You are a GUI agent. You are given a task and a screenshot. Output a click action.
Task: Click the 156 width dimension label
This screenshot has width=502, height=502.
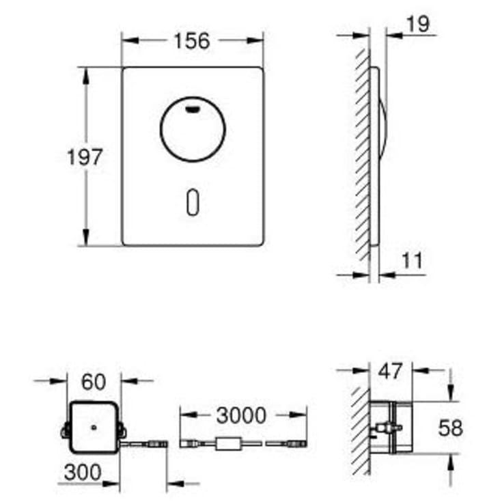point(192,41)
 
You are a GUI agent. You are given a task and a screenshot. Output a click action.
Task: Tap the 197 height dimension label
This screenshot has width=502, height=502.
point(85,157)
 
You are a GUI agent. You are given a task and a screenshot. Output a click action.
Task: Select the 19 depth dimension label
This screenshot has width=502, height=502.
point(418,24)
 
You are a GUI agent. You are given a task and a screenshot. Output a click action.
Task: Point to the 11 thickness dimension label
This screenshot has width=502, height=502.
point(412,260)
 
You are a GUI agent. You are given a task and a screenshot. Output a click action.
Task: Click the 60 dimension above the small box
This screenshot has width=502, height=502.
point(94,382)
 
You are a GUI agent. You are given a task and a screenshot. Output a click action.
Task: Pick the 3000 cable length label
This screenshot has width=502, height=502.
point(241,415)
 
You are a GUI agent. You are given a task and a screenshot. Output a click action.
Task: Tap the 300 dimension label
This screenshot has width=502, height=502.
point(83,472)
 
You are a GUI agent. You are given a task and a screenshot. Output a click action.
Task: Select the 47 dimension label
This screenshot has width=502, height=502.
point(390,372)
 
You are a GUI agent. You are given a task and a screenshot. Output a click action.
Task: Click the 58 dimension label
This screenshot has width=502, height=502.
point(450,428)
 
